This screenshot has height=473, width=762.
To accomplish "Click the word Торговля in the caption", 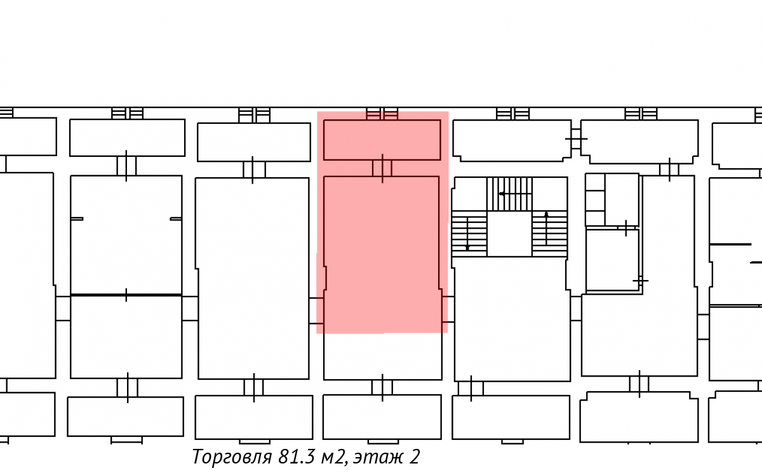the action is pos(232,457).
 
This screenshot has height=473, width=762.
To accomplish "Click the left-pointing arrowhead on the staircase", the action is pos(502,194).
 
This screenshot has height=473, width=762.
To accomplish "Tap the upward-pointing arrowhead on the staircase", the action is pos(546,214).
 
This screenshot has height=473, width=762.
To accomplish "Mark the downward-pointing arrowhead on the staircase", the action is pos(467,248).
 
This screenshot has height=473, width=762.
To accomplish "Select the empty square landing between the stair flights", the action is pos(509,233).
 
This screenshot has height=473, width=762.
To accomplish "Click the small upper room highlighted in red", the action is pos(382,140).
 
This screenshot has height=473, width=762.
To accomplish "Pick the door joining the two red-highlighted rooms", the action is pos(382,168).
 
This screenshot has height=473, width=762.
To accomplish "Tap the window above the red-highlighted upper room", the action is pos(382,114).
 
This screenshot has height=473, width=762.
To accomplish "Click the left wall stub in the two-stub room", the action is pos(77,218).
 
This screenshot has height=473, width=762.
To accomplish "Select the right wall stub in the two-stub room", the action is pos(176,218).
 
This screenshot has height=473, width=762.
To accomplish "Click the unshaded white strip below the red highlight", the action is pos(383,356).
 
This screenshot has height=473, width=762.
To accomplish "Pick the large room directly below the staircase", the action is pos(512,319).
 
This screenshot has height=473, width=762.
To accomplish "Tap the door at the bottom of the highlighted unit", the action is pos(382,388).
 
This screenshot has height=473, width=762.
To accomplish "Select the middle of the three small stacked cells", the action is pos(595,200).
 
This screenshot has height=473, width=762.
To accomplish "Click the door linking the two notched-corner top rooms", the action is pos(576,139).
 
